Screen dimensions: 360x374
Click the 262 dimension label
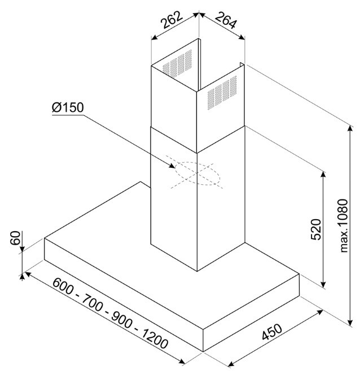pos(172,20)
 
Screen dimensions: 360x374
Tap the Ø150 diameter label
pos(68,107)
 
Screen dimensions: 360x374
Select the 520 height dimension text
pos(316,229)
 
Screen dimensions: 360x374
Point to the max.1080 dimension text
pos(344,225)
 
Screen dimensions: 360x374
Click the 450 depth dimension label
pos(272,332)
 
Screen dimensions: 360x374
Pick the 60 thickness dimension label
pos(16,238)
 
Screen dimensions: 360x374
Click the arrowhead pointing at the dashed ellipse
pos(172,166)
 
